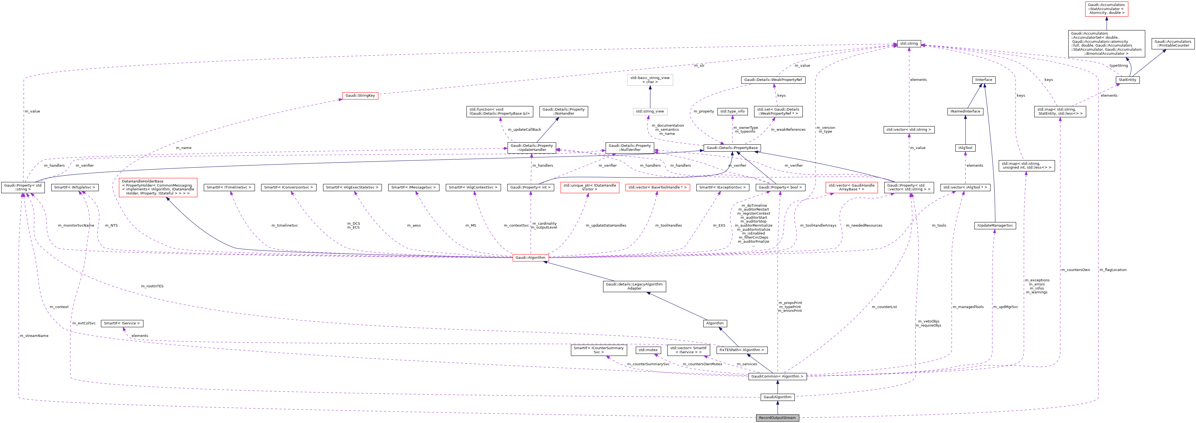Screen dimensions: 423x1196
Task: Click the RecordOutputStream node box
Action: [777, 418]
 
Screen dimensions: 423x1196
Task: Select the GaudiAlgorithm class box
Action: [777, 397]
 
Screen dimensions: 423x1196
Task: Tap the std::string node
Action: [909, 44]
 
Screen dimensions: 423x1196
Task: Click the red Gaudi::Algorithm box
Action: [530, 258]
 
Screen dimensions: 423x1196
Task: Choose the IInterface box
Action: [983, 80]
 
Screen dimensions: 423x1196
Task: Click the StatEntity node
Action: [1127, 80]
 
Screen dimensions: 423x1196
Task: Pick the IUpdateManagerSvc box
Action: [995, 226]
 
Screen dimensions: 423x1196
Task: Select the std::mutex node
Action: [648, 350]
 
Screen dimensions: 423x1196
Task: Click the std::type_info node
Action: [732, 111]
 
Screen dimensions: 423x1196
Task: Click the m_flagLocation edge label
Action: [1112, 270]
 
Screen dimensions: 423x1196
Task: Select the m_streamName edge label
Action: [34, 336]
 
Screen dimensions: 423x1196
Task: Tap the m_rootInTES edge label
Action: [152, 287]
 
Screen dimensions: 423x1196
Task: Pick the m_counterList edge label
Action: [884, 307]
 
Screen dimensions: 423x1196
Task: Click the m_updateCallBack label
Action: [524, 130]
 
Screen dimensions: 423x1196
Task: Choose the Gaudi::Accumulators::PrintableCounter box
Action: [1173, 44]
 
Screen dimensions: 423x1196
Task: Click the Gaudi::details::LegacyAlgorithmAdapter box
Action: [634, 287]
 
